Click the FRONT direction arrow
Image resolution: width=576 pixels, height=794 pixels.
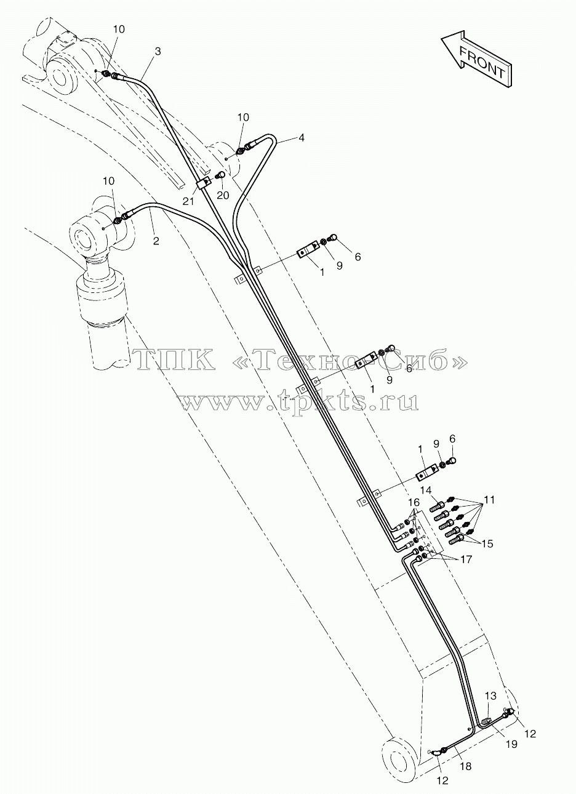coord(477,59)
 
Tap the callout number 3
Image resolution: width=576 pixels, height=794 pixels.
coord(158,52)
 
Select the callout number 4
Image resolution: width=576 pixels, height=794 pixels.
coord(301,137)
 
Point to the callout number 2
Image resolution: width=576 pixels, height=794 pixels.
coord(156,241)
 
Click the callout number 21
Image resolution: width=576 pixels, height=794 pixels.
coord(188,201)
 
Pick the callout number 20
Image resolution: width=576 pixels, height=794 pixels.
coord(223,195)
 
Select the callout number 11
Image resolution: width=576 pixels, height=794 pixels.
coord(489,500)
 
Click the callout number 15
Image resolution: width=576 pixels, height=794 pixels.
coord(488,543)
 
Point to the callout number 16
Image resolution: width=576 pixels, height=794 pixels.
coord(414,502)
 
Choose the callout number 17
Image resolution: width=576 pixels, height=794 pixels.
coord(466,559)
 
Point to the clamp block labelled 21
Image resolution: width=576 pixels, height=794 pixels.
coord(204,184)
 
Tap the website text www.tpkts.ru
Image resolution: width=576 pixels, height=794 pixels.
coord(298,401)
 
